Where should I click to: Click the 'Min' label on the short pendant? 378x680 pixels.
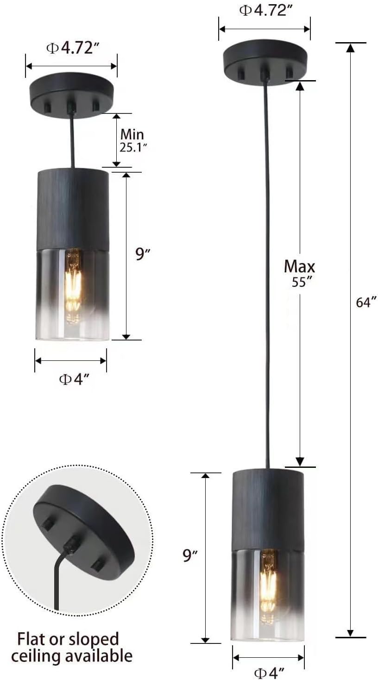(x=132, y=134)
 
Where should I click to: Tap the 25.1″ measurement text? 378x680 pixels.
(x=133, y=148)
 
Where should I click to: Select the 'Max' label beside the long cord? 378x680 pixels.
(x=299, y=266)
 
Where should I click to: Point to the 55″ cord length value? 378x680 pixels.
(x=302, y=282)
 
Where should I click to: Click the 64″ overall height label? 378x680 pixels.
(x=366, y=302)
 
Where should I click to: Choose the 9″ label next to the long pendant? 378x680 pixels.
(x=190, y=555)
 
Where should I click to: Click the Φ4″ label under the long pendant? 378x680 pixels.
(x=269, y=673)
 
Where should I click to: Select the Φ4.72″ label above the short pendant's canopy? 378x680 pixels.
(x=73, y=48)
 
